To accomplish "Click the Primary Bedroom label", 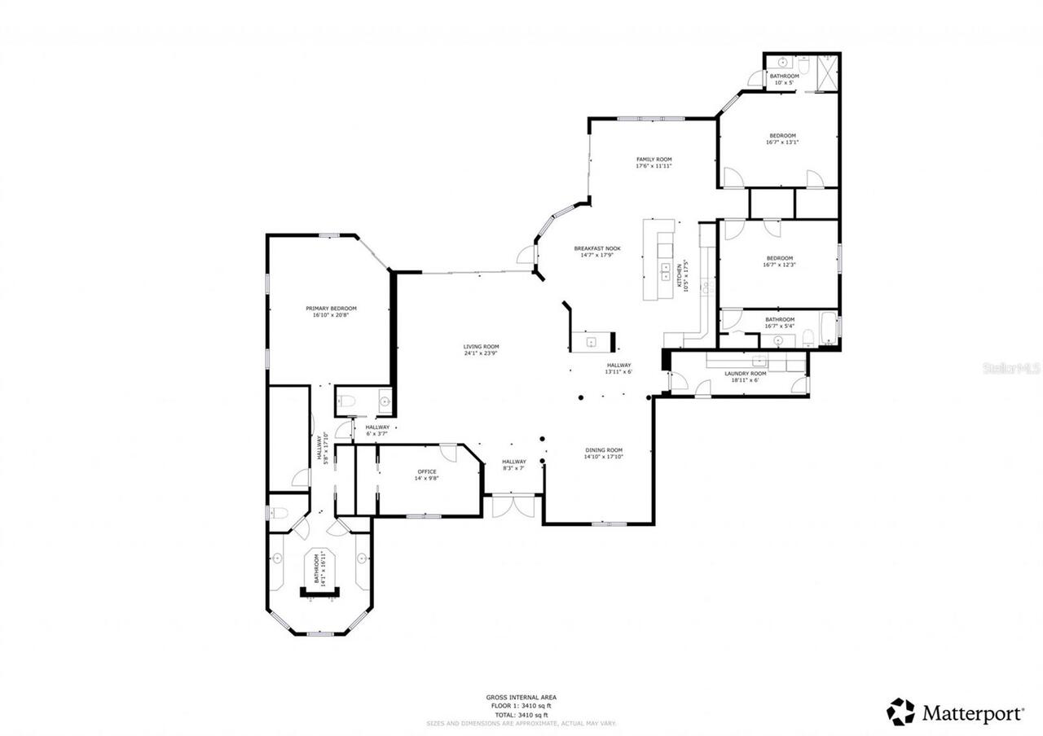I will [331, 309].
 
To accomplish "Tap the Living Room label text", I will [481, 347].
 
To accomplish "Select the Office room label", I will [427, 471].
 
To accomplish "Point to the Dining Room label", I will [603, 450].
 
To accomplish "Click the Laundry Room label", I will [746, 373].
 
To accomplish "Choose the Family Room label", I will [654, 160].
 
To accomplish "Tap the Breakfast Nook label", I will [597, 248].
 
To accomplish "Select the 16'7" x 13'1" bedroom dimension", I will [781, 142].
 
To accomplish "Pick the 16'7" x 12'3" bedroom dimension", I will [779, 265].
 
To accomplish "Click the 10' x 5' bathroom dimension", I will [784, 82].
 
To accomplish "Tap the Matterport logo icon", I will [900, 712].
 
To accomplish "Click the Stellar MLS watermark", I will [1010, 369].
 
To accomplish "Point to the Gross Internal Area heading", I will [521, 698].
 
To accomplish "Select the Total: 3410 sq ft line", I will [521, 714].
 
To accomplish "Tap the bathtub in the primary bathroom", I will [319, 570].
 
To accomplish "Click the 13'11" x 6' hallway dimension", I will [618, 372].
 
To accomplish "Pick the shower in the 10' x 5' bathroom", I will [826, 72].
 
